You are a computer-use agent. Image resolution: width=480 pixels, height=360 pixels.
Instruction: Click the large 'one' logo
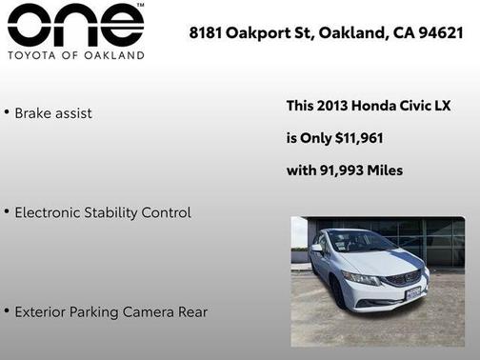[x=75, y=27]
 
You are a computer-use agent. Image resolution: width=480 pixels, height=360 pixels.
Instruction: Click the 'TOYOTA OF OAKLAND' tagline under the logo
[x=75, y=55]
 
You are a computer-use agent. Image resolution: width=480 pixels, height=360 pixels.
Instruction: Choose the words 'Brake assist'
[x=53, y=112]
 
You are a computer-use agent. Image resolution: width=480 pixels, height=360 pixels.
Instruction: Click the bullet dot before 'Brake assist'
[x=7, y=112]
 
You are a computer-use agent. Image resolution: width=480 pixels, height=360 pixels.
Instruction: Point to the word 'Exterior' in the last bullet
[x=39, y=311]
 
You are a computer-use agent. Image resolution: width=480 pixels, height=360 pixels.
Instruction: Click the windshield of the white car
[x=360, y=244]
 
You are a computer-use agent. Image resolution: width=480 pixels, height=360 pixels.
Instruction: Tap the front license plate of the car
[x=412, y=292]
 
